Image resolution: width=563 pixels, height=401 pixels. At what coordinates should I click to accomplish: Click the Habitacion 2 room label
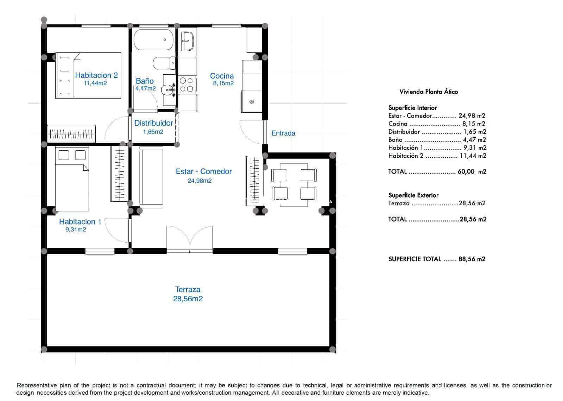point(96,75)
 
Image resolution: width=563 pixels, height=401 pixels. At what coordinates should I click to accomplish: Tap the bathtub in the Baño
point(153,40)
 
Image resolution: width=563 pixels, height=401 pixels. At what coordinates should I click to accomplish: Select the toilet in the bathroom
point(164,63)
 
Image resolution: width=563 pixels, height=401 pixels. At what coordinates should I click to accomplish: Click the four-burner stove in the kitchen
point(186,85)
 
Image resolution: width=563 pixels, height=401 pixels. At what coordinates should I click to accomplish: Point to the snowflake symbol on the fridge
point(252,102)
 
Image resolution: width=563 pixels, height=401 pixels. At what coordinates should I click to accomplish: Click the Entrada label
point(283,133)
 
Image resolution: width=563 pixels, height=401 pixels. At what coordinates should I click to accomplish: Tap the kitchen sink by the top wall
point(187,41)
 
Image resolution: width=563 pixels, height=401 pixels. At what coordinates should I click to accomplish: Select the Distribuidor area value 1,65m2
point(153,132)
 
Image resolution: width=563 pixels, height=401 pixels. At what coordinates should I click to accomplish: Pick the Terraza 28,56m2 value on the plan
point(188,299)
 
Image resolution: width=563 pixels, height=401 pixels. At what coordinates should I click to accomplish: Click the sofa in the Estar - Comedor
point(151,176)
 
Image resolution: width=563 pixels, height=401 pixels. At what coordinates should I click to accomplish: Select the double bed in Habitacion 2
point(88,75)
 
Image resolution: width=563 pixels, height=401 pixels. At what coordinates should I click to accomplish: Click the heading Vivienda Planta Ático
point(429,92)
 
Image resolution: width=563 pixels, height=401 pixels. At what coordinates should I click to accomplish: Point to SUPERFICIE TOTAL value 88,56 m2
point(472,259)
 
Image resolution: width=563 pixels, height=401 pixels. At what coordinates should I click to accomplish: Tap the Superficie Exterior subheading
point(413,195)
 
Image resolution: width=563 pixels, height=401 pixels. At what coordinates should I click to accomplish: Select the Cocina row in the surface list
point(437,124)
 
